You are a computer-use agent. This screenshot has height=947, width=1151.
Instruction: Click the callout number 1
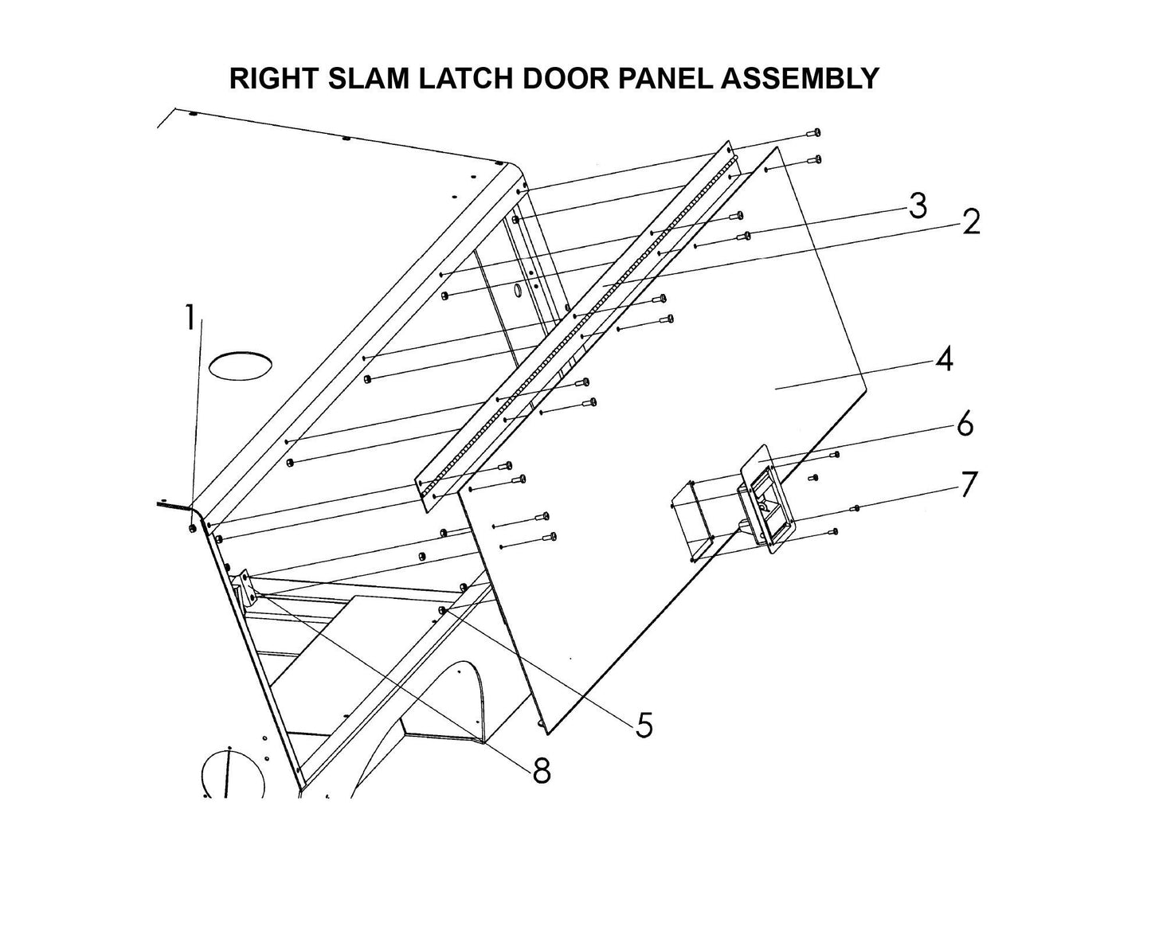(190, 319)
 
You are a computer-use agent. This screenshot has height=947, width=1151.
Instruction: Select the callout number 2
(970, 223)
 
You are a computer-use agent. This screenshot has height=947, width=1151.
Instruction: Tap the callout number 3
(918, 206)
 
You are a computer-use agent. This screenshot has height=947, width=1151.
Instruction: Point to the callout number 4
(944, 360)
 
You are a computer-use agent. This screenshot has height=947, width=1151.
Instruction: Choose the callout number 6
(965, 425)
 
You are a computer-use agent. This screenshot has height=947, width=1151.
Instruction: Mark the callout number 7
(967, 484)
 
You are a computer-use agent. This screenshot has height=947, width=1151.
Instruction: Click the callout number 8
(541, 770)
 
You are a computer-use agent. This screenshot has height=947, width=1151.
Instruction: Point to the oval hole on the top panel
(240, 366)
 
